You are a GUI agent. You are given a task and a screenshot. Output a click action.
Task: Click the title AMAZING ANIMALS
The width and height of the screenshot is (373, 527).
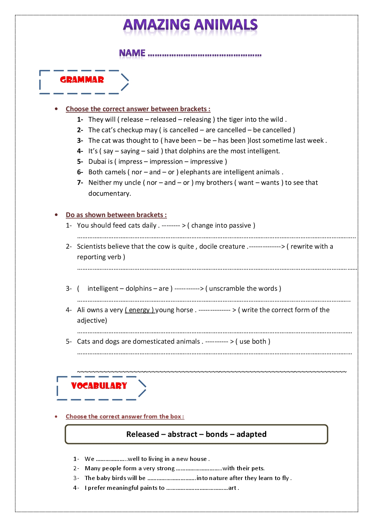(x=190, y=25)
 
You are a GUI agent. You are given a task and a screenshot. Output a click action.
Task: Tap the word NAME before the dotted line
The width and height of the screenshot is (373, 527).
(x=132, y=53)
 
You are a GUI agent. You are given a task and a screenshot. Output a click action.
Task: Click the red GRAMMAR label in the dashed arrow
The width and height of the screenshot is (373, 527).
(x=82, y=80)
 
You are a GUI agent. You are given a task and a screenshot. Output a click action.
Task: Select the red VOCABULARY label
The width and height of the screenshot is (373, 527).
(x=99, y=386)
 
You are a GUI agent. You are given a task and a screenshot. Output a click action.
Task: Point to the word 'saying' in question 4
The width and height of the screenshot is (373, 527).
(x=130, y=151)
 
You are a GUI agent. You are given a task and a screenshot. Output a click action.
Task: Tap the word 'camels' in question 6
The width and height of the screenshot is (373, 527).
(x=115, y=172)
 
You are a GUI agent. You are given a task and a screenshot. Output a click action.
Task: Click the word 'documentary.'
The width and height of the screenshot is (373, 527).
(x=109, y=193)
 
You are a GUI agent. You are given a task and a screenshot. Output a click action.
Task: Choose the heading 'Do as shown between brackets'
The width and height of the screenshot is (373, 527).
(x=116, y=215)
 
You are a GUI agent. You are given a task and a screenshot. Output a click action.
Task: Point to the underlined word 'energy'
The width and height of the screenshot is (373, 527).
(x=139, y=310)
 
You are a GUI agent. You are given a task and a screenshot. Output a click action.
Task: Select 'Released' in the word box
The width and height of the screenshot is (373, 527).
(x=143, y=434)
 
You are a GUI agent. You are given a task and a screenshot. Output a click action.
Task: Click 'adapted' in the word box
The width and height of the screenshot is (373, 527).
(x=251, y=434)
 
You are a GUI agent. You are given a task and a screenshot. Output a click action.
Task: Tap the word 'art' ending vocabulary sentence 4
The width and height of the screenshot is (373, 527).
(x=232, y=488)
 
